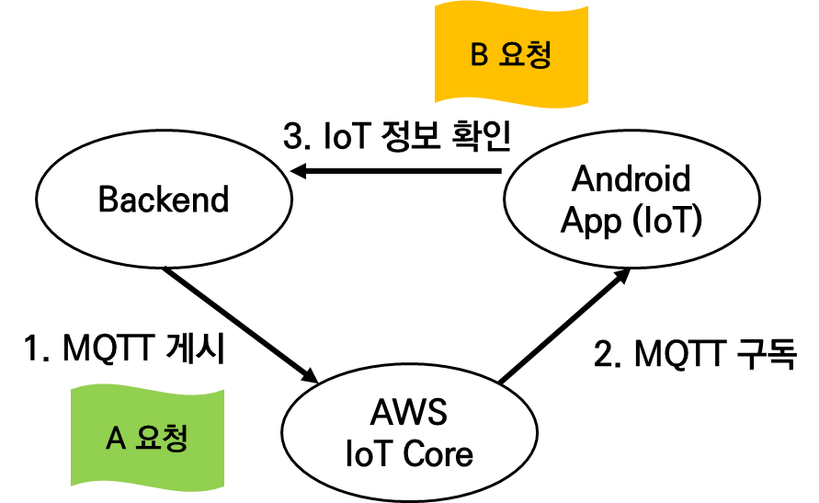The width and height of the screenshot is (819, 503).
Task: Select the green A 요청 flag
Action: pos(147,437)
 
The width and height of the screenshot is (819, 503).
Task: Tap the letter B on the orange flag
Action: pos(479,55)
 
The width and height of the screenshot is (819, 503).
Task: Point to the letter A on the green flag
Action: pos(115,439)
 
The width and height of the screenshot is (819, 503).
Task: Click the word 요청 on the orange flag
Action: pos(525,55)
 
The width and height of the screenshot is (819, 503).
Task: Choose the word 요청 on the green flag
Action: pos(162,438)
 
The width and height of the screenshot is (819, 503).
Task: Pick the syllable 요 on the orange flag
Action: pos(511,55)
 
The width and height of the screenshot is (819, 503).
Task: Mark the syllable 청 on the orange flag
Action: pos(539,55)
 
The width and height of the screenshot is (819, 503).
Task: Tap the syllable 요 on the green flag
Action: pos(148,438)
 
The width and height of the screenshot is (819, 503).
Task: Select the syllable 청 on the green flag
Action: pos(176,438)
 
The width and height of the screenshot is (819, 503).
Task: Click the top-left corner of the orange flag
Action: pos(436,3)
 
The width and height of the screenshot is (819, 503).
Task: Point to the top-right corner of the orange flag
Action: pos(587,8)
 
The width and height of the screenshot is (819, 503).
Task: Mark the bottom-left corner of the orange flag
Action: pos(436,101)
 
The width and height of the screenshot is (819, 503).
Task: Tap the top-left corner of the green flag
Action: pos(72,387)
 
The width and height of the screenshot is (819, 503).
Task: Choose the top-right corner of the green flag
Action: pos(223,391)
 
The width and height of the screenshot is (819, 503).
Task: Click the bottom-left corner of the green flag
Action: pos(72,485)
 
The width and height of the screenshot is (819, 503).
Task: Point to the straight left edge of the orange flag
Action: pos(436,52)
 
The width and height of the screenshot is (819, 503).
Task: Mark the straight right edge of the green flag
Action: pos(223,440)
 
